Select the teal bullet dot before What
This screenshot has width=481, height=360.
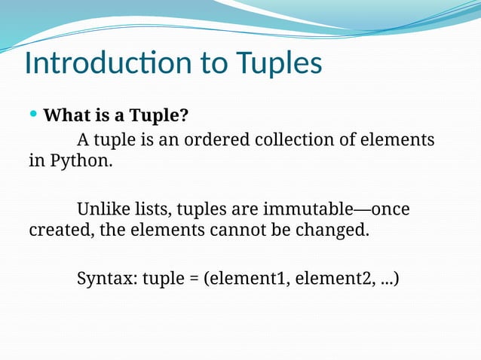32,114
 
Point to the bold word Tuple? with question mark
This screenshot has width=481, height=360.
160,117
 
